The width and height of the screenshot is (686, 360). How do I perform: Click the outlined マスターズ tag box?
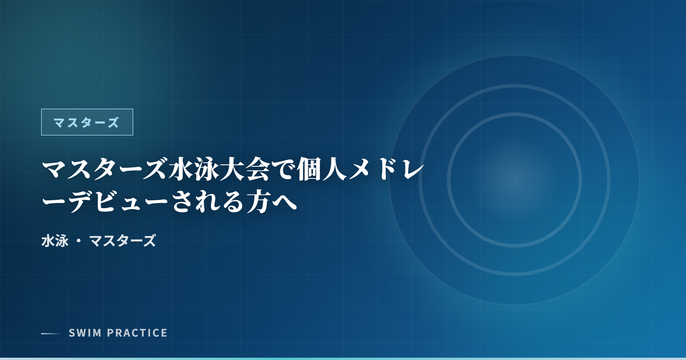click(x=87, y=122)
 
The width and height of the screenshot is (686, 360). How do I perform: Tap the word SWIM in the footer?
click(x=85, y=333)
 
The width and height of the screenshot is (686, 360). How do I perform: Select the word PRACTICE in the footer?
click(x=137, y=333)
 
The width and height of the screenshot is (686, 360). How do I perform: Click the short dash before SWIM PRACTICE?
click(x=51, y=333)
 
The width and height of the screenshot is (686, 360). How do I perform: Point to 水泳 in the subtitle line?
click(x=55, y=241)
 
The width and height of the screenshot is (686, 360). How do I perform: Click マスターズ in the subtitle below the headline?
click(x=123, y=241)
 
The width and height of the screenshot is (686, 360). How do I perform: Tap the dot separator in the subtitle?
click(x=79, y=241)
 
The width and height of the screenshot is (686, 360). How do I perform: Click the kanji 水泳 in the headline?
click(x=194, y=170)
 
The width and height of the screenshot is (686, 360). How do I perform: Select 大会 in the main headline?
click(x=245, y=170)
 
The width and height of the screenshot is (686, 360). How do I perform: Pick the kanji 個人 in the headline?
click(x=322, y=170)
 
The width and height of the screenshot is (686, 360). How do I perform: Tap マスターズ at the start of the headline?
click(x=104, y=170)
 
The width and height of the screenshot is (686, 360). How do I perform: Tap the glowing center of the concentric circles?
click(x=514, y=180)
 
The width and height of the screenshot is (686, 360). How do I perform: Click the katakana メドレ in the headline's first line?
click(x=386, y=170)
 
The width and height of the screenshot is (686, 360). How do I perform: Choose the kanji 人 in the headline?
click(x=334, y=170)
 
